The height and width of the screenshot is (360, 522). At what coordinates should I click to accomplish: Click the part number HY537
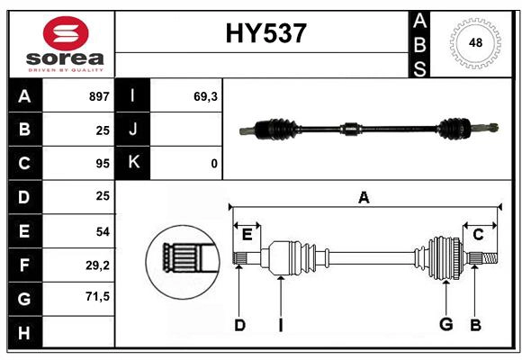(x=265, y=33)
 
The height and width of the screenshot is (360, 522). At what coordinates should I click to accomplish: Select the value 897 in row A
(x=99, y=96)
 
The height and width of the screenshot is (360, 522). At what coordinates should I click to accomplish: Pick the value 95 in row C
(x=103, y=163)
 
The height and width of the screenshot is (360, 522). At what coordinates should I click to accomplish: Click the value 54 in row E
(x=103, y=231)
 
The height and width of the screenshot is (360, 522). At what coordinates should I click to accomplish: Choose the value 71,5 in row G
(x=98, y=296)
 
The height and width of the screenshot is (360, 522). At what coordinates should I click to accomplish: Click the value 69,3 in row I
(x=206, y=96)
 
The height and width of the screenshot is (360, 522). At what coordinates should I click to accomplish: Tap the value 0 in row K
(x=213, y=163)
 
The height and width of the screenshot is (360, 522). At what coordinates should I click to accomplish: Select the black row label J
(x=133, y=130)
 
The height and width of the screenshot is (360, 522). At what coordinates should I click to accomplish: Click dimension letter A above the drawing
(x=364, y=197)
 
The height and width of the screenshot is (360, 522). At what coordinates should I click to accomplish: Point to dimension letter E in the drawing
(x=247, y=235)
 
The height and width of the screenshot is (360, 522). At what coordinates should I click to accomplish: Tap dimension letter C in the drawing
(x=478, y=235)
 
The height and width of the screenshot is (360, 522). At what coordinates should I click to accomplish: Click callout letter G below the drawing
(x=445, y=325)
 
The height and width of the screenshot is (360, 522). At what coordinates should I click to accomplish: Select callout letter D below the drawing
(x=239, y=325)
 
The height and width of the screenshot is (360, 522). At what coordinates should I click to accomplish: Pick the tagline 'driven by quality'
(x=66, y=68)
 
